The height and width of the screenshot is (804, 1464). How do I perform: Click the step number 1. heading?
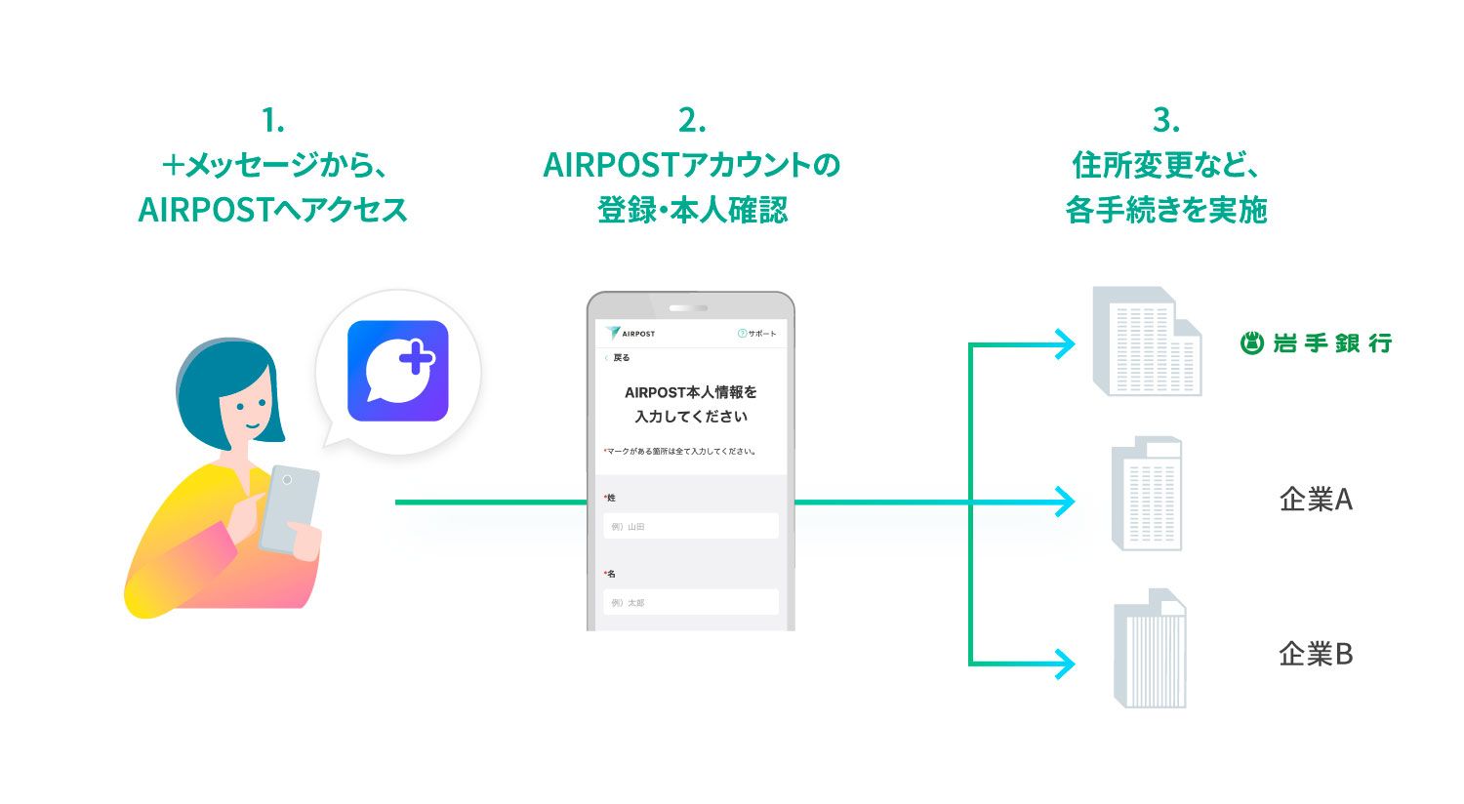(x=272, y=121)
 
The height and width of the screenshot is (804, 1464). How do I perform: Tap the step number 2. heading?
(x=691, y=121)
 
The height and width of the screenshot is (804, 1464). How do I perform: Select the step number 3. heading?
(x=1165, y=121)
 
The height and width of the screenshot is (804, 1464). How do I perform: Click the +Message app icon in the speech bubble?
(x=397, y=371)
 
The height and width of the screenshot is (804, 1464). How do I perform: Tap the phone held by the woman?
(x=289, y=507)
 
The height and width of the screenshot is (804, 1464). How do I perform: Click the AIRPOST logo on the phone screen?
(x=630, y=334)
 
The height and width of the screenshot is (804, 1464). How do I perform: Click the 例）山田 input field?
(x=691, y=526)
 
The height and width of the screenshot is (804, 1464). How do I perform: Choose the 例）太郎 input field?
(x=691, y=602)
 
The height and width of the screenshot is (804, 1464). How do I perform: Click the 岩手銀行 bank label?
(x=1316, y=343)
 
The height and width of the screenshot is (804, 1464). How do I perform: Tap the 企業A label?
(x=1316, y=500)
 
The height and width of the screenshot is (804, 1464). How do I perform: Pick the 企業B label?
(x=1316, y=654)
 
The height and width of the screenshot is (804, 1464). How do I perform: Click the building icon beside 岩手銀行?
(x=1148, y=342)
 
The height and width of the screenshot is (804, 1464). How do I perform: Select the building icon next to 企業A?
(x=1148, y=495)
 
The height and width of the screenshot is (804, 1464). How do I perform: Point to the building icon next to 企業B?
(x=1151, y=649)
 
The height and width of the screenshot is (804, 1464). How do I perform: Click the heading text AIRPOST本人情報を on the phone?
(x=691, y=392)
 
